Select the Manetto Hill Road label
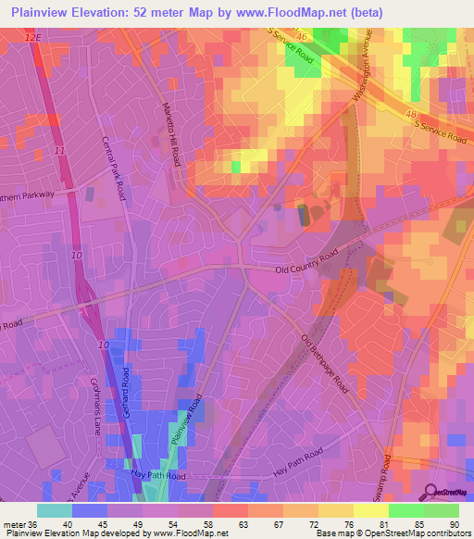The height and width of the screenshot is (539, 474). [x=173, y=133]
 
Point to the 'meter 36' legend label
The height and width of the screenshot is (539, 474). [x=18, y=524]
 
